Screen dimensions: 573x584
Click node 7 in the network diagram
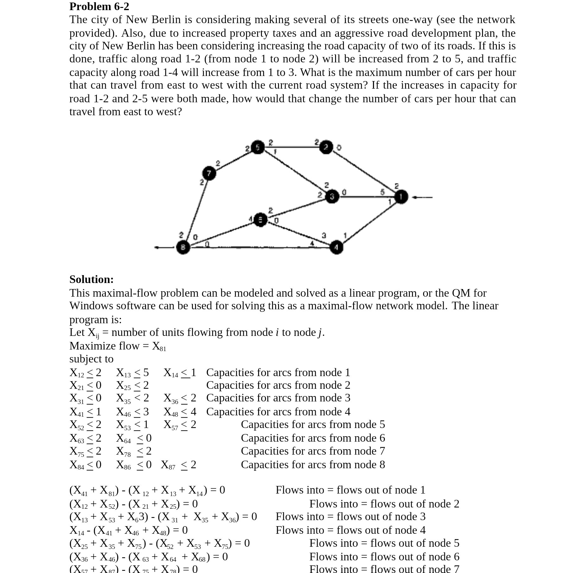tap(209, 173)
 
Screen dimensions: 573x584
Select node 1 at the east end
tap(401, 197)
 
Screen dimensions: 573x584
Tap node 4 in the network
tap(336, 247)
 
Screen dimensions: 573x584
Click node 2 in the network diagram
tap(326, 147)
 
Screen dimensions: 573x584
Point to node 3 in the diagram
tap(332, 197)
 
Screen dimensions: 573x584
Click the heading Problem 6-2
tap(99, 6)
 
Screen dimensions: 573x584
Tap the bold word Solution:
tap(92, 279)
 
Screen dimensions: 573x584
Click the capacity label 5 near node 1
tap(382, 192)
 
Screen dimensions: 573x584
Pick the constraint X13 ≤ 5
tap(132, 373)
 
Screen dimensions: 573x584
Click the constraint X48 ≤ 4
tap(180, 412)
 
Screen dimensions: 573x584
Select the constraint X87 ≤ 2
tap(179, 465)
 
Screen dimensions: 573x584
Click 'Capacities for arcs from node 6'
tap(313, 438)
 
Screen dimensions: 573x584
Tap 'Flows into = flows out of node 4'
tap(350, 530)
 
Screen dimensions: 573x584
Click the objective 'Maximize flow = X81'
tap(117, 346)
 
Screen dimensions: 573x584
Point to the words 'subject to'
tap(91, 359)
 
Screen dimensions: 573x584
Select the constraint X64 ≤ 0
tap(134, 438)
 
